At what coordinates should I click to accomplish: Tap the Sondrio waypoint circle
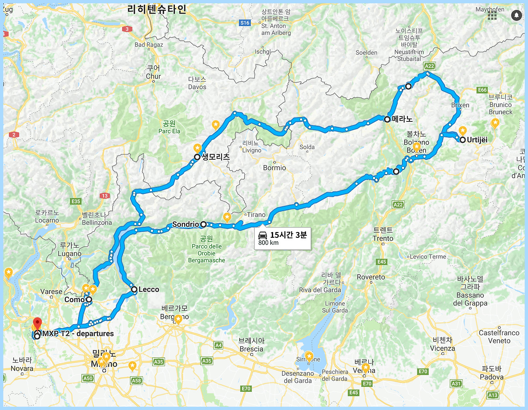(x=203, y=224)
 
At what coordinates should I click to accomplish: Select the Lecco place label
(x=148, y=289)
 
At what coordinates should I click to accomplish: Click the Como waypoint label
(x=74, y=299)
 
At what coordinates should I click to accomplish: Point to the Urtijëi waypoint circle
(x=463, y=140)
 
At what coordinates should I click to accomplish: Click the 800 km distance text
(x=269, y=243)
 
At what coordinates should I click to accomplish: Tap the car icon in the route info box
(x=263, y=235)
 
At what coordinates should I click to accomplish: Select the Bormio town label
(x=274, y=168)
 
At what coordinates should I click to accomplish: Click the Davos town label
(x=197, y=87)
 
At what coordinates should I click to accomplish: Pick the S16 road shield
(x=245, y=23)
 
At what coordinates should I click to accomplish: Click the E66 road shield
(x=482, y=90)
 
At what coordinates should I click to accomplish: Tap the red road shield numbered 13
(x=105, y=196)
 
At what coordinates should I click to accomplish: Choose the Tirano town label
(x=256, y=215)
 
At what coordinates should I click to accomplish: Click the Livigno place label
(x=252, y=150)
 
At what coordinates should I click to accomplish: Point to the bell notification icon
(x=516, y=15)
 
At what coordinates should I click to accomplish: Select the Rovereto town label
(x=371, y=277)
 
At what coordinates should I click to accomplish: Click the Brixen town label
(x=460, y=105)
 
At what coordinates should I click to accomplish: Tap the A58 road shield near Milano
(x=137, y=381)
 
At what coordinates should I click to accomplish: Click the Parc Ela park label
(x=169, y=131)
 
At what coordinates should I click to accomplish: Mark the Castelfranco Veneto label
(x=499, y=337)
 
